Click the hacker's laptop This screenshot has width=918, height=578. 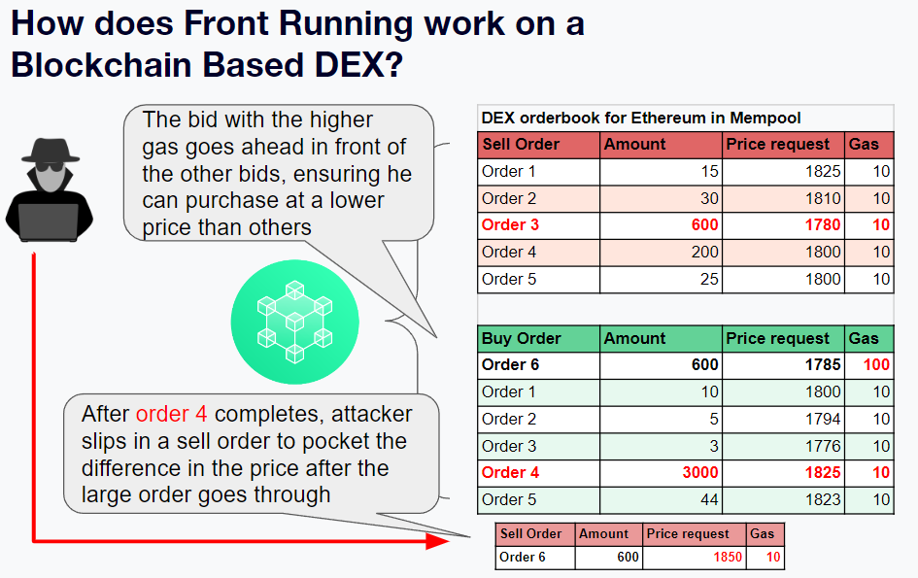[x=49, y=221]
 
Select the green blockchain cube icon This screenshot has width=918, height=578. [x=294, y=321]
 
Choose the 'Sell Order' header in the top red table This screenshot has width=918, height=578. [x=521, y=145]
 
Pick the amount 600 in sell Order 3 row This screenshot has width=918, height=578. [x=704, y=225]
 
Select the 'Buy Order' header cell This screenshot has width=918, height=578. [x=521, y=339]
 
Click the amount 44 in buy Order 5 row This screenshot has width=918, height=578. [x=709, y=500]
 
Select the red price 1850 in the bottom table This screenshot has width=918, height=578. [x=727, y=558]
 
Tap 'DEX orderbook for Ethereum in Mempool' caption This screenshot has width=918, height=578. [x=641, y=119]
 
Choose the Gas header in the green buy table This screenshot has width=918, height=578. [x=864, y=339]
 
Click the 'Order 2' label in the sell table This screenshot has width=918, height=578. [x=509, y=198]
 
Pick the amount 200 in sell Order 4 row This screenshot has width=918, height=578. [x=704, y=253]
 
